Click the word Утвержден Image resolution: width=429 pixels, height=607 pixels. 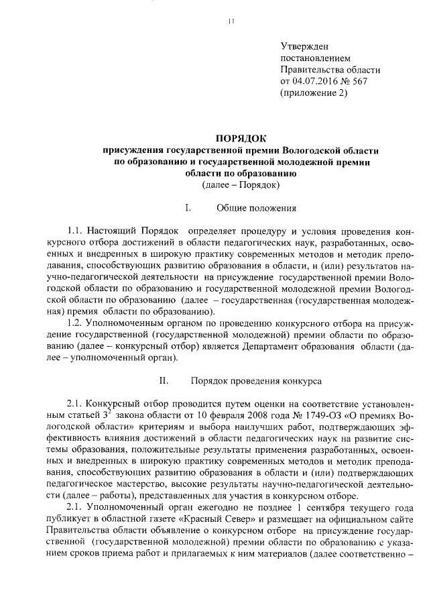click(x=304, y=46)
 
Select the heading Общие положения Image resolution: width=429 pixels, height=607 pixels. click(x=256, y=209)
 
